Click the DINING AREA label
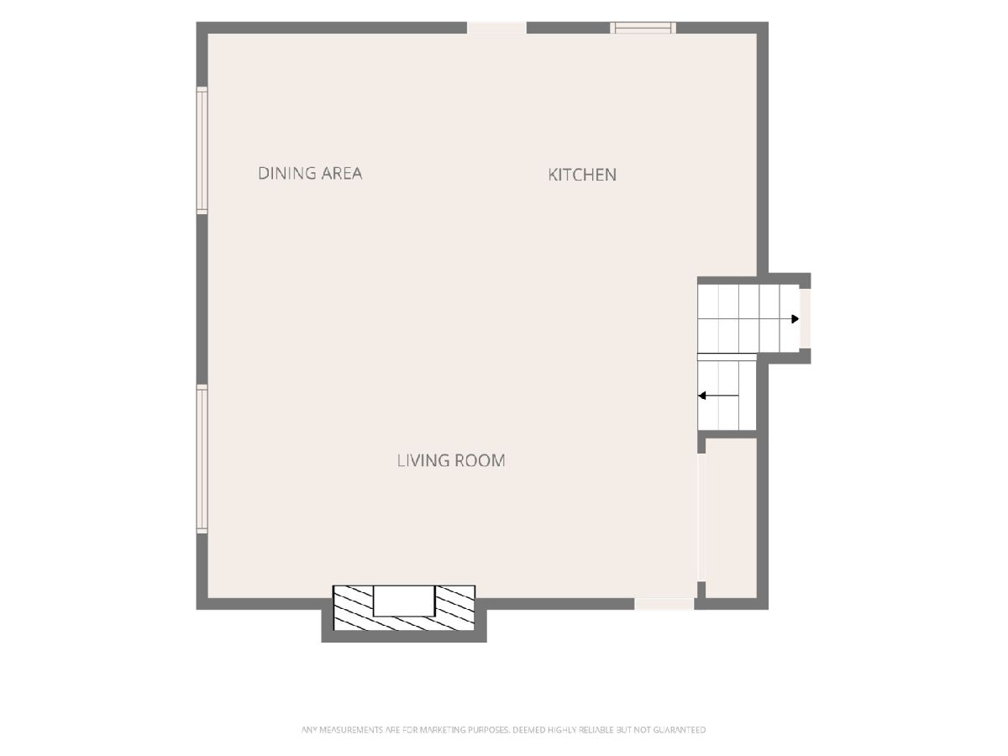pos(310,173)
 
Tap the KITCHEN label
pos(582,175)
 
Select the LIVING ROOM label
pos(451,460)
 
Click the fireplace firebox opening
pos(404,601)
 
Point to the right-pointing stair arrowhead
pos(795,319)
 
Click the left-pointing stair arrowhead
pos(702,395)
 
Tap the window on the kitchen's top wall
pos(643,28)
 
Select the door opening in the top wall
pos(496,28)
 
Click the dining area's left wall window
pos(202,150)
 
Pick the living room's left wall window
pos(202,459)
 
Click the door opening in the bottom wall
pos(664,604)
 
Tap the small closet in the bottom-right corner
pos(731,518)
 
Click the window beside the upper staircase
pos(805,318)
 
